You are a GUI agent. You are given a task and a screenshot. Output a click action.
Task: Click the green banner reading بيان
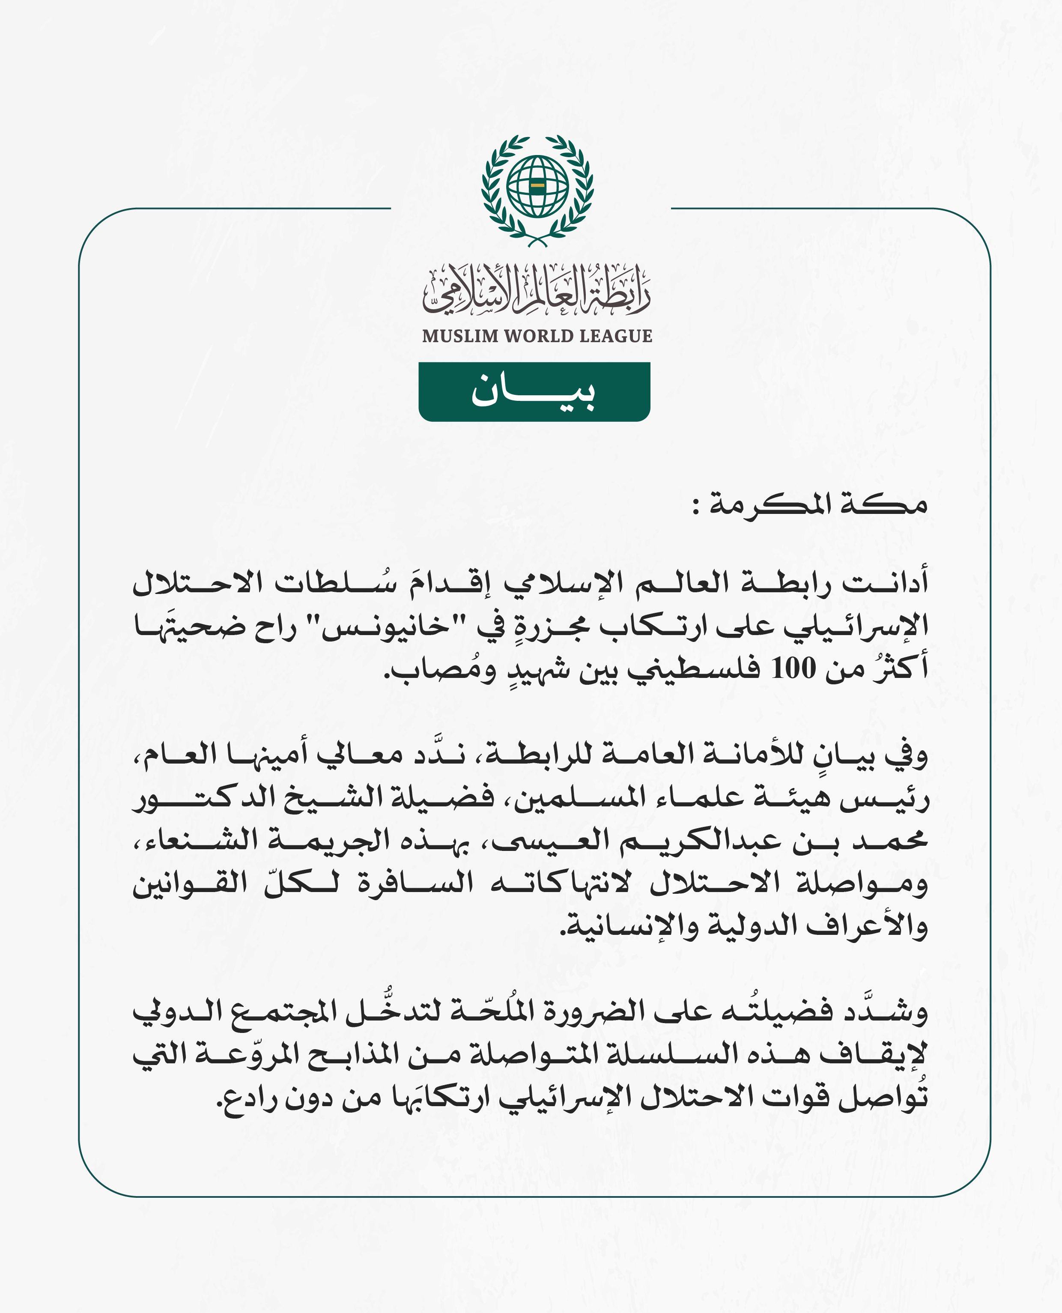534,391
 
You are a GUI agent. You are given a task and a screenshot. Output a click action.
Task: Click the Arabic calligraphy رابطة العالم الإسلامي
537,291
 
